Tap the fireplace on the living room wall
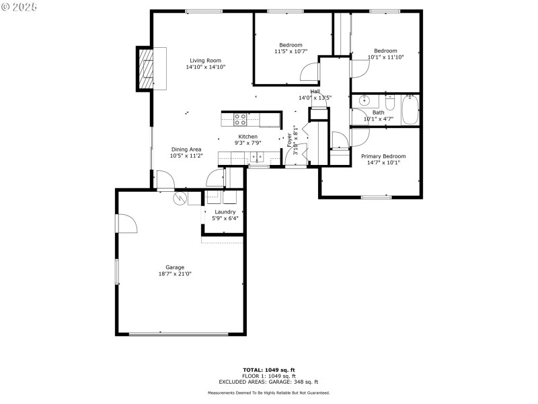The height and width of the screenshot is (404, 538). pos(145,69)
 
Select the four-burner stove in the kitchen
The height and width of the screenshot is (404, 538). pos(240,120)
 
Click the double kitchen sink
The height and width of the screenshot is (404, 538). pos(257,158)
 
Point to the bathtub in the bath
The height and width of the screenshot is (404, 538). pos(410,110)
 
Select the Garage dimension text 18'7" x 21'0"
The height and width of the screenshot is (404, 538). pos(175,274)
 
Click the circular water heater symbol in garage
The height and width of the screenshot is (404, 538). pos(180,199)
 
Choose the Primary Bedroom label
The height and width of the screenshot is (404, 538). pos(383,156)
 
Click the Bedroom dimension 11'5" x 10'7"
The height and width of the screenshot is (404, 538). pos(291,52)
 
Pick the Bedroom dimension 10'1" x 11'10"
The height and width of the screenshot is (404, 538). pos(385,57)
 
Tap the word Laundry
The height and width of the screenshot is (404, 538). pos(225,211)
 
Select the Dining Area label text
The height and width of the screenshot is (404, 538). pos(186,149)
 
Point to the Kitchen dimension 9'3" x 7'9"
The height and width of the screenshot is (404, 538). pos(247,143)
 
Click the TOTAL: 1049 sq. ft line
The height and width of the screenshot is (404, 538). pos(269,370)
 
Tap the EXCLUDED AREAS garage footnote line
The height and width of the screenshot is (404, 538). pos(269,382)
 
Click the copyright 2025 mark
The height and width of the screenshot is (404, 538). pos(20,6)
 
